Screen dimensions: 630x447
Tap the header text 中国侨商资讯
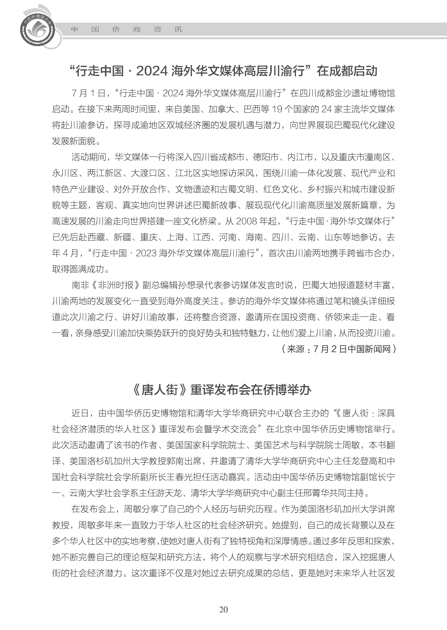coord(127,29)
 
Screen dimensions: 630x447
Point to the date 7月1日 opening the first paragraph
coord(88,93)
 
